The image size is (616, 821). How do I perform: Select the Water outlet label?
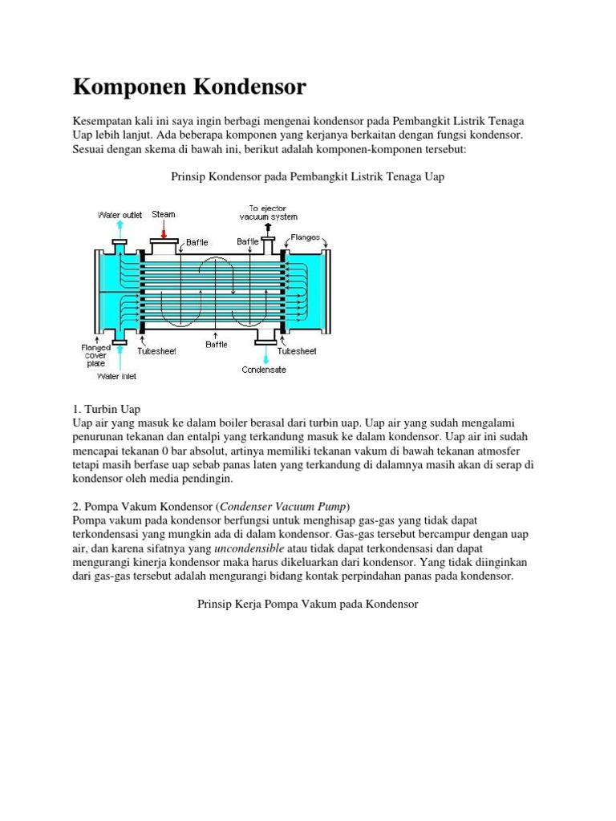(x=120, y=215)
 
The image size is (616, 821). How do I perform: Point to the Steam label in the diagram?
(x=164, y=214)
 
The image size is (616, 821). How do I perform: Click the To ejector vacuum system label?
(x=268, y=212)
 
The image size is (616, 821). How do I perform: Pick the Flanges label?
(x=306, y=237)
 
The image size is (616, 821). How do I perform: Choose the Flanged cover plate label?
(x=95, y=355)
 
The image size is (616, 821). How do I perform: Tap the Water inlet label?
(x=117, y=375)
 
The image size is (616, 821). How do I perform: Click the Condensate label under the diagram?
(x=264, y=370)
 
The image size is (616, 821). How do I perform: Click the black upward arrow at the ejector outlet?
(x=268, y=229)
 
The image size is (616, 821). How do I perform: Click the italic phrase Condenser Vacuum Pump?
(x=284, y=505)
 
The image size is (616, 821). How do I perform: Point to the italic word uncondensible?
(x=249, y=548)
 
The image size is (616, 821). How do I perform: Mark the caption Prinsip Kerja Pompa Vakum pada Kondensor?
(x=308, y=603)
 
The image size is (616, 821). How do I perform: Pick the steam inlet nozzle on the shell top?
(x=164, y=248)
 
